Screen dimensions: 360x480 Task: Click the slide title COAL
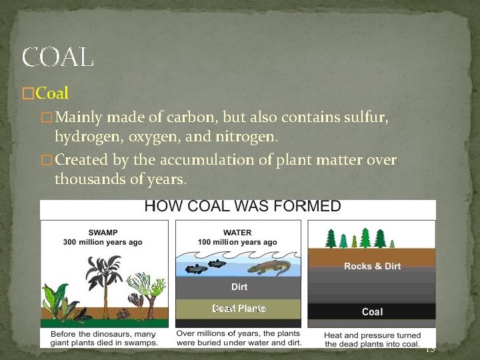click(57, 57)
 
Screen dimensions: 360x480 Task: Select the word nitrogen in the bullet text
click(247, 136)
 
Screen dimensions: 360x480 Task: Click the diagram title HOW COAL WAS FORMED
click(243, 206)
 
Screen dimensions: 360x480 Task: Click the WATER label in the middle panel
click(238, 233)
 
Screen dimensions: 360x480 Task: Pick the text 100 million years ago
click(238, 242)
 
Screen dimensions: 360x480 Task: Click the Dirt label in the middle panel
click(239, 287)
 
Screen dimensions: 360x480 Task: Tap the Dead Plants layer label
click(239, 308)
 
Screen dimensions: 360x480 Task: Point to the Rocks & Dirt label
click(372, 266)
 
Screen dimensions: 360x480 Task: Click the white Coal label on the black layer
click(372, 311)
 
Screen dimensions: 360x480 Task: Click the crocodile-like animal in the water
click(269, 268)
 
